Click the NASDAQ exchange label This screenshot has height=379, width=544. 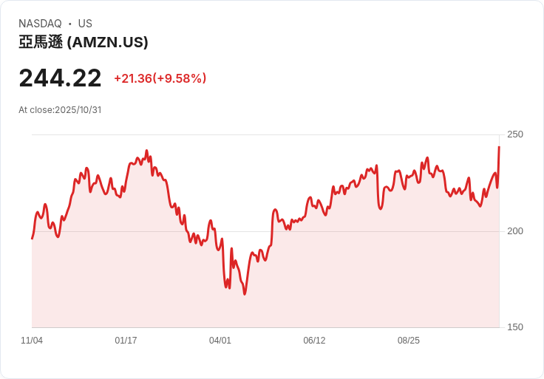[x=40, y=24]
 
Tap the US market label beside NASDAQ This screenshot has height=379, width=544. [x=85, y=24]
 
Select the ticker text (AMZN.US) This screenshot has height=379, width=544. [x=108, y=43]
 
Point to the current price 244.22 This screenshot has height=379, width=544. [x=60, y=78]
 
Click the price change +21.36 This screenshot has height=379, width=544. [x=132, y=78]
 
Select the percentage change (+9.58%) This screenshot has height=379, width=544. [x=180, y=78]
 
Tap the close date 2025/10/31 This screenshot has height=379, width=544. [x=78, y=110]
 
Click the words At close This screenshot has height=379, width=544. [x=36, y=110]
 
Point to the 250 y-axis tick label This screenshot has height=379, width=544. [x=514, y=134]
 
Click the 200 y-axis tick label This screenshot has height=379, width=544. [x=514, y=231]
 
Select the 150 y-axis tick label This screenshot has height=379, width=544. [x=514, y=327]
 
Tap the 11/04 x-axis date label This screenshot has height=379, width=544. [x=32, y=341]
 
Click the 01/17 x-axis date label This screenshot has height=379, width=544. [x=126, y=341]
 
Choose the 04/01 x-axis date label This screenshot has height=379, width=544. [x=220, y=341]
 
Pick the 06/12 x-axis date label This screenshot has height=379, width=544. [x=314, y=341]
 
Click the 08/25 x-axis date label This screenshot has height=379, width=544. [x=409, y=341]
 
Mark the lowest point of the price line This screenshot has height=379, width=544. [x=245, y=294]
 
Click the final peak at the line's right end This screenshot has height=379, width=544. [x=499, y=147]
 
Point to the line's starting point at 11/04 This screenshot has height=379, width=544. [x=32, y=238]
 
